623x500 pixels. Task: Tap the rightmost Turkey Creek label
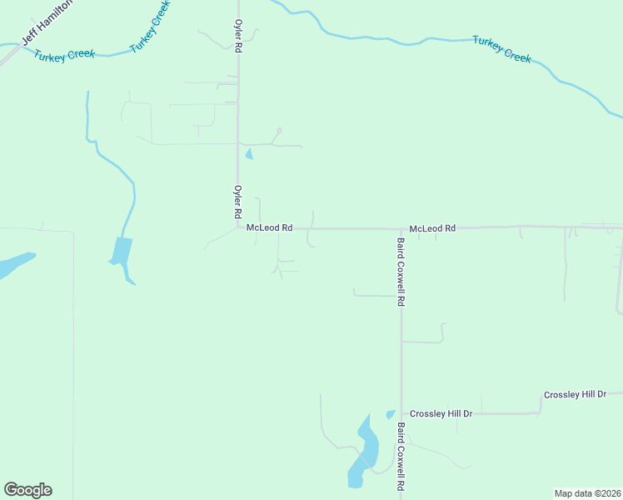[501, 48]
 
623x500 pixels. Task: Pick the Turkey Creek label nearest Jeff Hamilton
[65, 54]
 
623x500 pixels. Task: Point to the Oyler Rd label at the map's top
[238, 37]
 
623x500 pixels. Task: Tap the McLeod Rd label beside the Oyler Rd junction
[269, 227]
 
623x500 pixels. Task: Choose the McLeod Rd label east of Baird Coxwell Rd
[432, 227]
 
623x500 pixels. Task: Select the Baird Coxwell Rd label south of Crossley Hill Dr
[401, 456]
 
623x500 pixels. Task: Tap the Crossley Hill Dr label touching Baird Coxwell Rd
[441, 413]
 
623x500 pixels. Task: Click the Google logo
[27, 490]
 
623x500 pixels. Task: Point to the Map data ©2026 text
[587, 493]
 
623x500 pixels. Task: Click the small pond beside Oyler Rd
[248, 153]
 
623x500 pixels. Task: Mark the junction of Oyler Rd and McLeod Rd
[238, 227]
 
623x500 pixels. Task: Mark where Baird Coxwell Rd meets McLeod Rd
[401, 228]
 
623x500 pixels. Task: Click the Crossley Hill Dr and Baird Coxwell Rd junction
[401, 414]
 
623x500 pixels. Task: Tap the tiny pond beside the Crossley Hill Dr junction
[390, 414]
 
